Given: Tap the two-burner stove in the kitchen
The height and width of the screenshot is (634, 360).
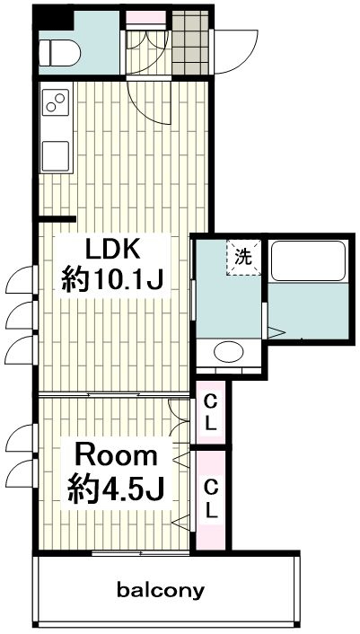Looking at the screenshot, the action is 56,101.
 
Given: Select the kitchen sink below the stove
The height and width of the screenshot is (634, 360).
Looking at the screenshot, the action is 56,155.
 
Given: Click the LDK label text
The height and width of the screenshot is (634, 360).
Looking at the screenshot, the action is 112,251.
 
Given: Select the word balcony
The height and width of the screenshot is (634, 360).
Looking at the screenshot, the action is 161,591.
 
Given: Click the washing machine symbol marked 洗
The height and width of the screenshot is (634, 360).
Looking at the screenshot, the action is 244,258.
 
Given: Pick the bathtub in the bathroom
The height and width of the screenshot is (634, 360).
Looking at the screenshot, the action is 308,260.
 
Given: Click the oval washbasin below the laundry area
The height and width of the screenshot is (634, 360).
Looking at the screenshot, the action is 229,353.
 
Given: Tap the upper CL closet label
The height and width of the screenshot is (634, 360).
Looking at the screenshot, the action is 210,412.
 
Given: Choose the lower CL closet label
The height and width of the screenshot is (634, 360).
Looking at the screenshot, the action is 210,498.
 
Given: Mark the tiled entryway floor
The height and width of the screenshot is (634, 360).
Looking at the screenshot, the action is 190,42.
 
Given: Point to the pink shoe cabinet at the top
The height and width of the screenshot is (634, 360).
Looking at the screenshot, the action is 145,18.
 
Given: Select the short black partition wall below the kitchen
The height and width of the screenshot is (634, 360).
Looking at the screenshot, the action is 57,219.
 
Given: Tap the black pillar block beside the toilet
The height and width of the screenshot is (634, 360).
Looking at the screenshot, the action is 53,18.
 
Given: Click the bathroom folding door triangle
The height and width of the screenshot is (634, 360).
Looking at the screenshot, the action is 276,333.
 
